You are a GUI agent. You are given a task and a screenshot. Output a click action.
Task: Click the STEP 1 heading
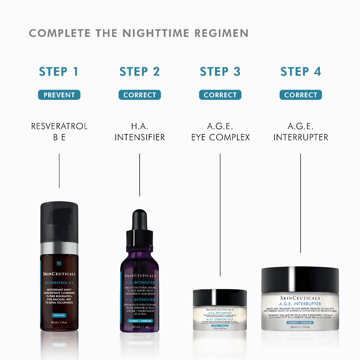point(59,72)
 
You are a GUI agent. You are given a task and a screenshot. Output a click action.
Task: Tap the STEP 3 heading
point(220,72)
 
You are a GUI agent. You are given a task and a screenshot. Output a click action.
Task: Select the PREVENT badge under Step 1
point(59,95)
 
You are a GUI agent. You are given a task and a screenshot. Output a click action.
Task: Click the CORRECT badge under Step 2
point(140,95)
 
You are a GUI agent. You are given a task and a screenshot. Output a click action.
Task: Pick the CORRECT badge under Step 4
point(301,95)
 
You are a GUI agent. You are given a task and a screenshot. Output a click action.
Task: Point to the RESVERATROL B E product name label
point(59,131)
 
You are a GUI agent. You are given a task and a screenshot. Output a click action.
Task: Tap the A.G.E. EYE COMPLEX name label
point(220,131)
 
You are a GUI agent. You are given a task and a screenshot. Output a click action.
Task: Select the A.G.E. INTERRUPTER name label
point(301,131)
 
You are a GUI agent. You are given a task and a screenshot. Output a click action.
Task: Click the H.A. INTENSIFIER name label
point(140,131)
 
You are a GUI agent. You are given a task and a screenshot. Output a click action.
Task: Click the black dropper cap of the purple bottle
point(139,225)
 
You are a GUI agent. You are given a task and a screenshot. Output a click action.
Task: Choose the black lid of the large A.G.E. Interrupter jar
point(300,279)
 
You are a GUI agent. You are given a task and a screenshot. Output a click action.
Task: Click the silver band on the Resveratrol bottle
point(59,248)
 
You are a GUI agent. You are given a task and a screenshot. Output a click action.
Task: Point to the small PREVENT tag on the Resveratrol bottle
point(59,315)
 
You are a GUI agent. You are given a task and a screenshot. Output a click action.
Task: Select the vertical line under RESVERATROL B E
point(59,171)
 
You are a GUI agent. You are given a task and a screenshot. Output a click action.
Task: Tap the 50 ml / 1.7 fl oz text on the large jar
point(300,327)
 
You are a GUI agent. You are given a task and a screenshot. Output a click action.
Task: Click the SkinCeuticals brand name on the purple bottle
point(139,275)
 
